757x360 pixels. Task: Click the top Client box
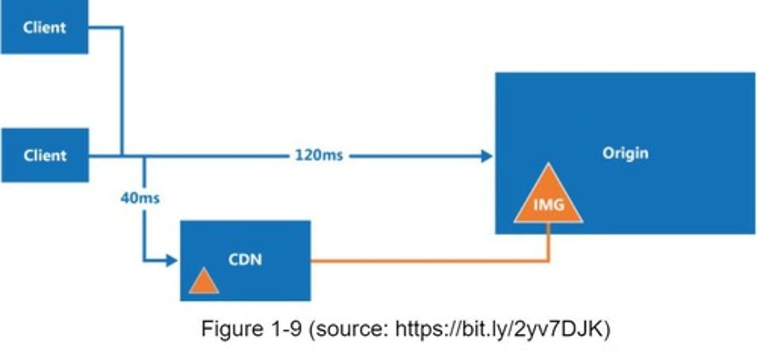pos(44,27)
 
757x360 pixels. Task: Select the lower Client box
pos(44,156)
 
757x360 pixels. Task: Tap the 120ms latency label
pos(319,156)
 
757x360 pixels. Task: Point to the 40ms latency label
pos(140,199)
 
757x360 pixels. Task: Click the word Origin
pos(626,153)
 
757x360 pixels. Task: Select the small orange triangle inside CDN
pos(203,282)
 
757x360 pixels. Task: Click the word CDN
pos(245,260)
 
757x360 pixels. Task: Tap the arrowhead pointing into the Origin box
pos(487,156)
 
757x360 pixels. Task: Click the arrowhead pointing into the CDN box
pos(172,260)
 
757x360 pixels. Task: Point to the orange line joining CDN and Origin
pos(421,260)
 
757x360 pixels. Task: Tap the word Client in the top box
pos(44,27)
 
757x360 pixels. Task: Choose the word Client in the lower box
pos(44,156)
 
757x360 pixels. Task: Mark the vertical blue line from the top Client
pos(122,89)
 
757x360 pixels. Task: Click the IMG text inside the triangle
pos(548,204)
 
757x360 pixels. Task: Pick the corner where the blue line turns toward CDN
pos(144,260)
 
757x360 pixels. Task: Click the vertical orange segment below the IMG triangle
pos(548,242)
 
